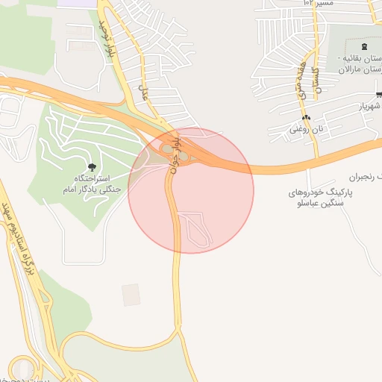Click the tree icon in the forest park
[92, 167]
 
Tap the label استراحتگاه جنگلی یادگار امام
[93, 184]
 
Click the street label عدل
[145, 92]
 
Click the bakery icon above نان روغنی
[306, 118]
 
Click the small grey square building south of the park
[131, 294]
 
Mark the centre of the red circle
[191, 190]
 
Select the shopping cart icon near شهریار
[379, 94]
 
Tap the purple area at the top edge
[78, 4]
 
